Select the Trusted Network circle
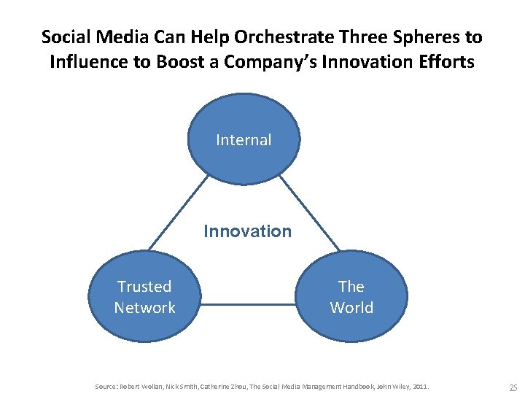coord(144,297)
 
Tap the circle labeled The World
coord(351,297)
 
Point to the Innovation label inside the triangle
coord(247,231)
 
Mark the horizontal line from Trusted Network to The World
coord(247,304)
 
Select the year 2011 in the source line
coord(419,385)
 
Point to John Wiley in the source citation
coord(387,385)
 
